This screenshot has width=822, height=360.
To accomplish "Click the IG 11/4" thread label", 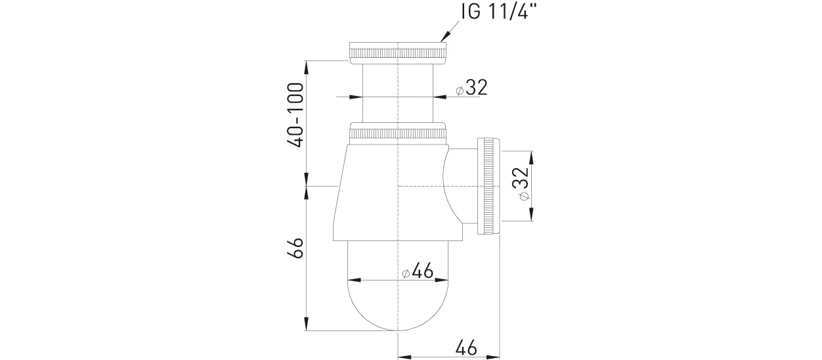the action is pyautogui.click(x=499, y=12).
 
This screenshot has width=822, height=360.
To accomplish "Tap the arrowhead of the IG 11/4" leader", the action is pyautogui.click(x=445, y=37).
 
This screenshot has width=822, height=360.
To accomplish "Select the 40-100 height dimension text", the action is pyautogui.click(x=295, y=115).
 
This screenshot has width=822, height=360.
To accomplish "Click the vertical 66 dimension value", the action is pyautogui.click(x=295, y=248).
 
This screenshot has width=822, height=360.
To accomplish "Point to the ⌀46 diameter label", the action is pyautogui.click(x=418, y=272).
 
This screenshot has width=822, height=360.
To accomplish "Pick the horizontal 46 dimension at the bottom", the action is pyautogui.click(x=466, y=347).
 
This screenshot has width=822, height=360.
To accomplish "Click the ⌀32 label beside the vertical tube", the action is pyautogui.click(x=471, y=88).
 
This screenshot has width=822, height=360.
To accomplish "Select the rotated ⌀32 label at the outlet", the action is pyautogui.click(x=521, y=184).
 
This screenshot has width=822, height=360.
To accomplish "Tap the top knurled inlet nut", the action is pyautogui.click(x=398, y=54).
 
